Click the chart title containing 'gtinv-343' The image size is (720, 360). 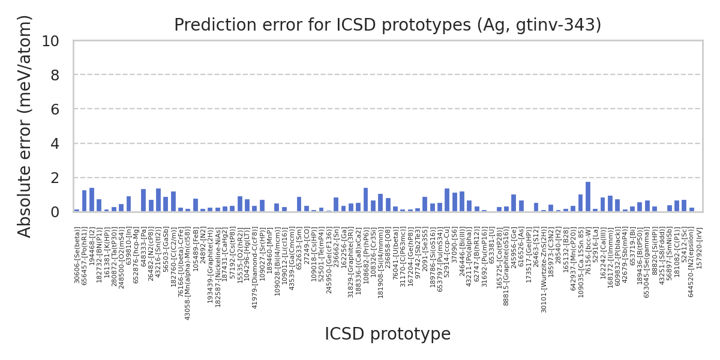[x=388, y=25]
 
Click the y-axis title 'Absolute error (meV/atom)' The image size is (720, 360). [x=25, y=126]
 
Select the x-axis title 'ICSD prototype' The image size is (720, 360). [x=388, y=334]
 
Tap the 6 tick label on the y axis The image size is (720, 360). [x=55, y=109]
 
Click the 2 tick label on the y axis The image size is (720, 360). [x=55, y=178]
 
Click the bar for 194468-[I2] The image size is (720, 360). [x=92, y=200]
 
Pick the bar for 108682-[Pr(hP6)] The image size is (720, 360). [x=365, y=200]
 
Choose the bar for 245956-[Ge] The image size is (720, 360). [x=514, y=203]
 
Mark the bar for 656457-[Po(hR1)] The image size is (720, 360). [x=84, y=201]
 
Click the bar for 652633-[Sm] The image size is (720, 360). [x=299, y=204]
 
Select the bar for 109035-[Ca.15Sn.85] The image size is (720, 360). [x=581, y=203]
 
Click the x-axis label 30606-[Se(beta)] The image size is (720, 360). [x=77, y=255]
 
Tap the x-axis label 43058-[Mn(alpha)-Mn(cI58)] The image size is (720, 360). [x=188, y=274]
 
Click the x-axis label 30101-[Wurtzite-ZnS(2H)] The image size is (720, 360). [x=544, y=271]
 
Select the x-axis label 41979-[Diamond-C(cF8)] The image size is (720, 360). [x=255, y=268]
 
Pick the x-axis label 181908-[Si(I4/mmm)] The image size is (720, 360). [x=380, y=263]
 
